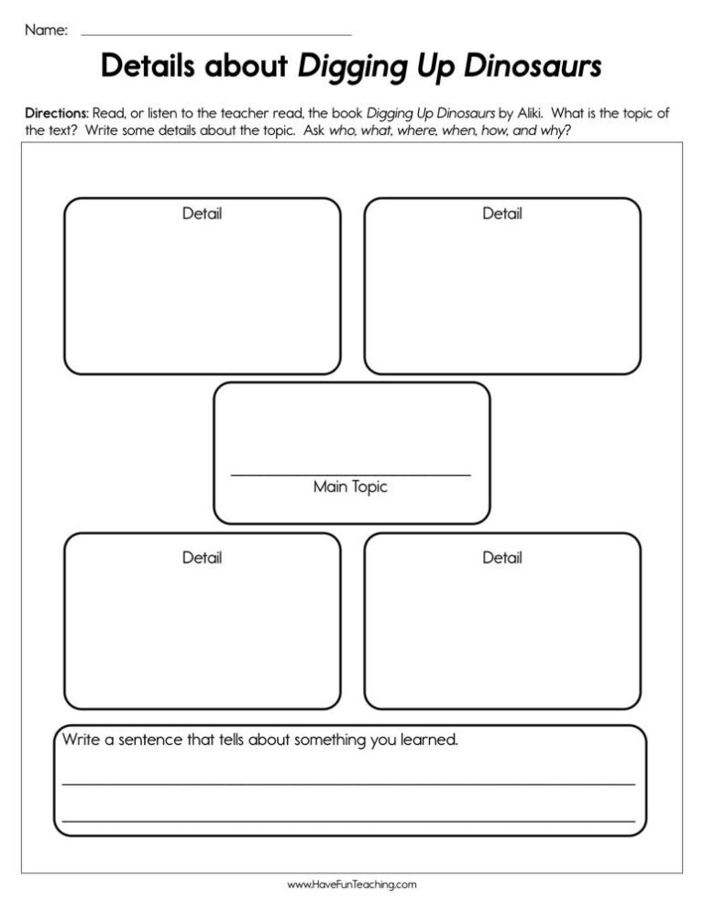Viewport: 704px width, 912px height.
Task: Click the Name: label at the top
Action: [46, 30]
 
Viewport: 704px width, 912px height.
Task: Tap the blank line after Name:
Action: [216, 35]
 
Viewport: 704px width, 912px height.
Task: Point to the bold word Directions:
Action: [57, 113]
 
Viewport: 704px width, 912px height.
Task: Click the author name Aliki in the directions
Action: [531, 113]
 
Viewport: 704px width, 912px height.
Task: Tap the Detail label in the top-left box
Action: [202, 214]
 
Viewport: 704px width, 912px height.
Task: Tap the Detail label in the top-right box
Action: [502, 214]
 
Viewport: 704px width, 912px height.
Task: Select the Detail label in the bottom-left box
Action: [202, 557]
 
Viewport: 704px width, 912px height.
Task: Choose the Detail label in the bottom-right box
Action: [502, 557]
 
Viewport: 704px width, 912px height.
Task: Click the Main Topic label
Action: [350, 487]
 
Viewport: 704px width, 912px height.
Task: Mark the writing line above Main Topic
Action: [350, 474]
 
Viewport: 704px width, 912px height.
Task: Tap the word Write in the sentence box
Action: [81, 740]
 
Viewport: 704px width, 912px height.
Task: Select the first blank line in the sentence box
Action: [348, 784]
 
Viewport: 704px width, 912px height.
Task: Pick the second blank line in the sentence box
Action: [348, 820]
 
